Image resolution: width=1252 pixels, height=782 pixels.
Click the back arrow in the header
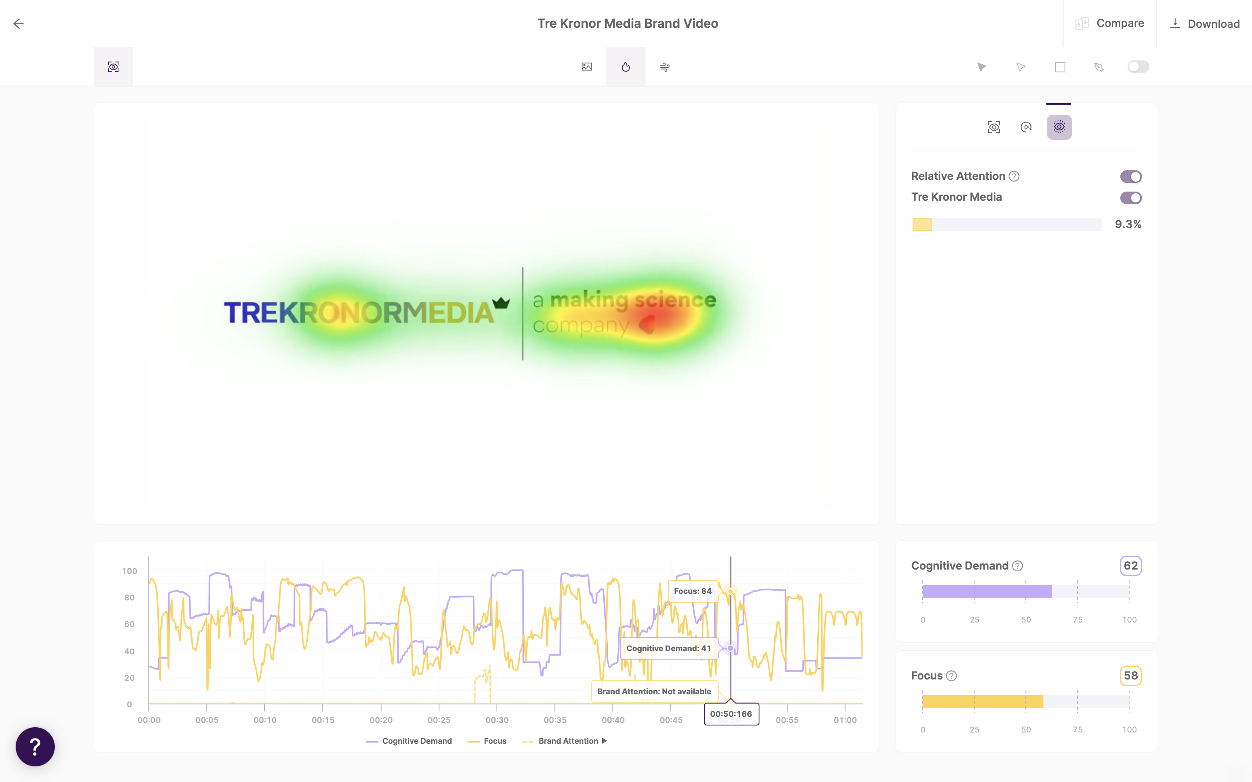point(19,24)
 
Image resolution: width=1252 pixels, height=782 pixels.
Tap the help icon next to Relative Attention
point(1014,176)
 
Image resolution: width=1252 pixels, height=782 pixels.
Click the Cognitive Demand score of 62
point(1130,566)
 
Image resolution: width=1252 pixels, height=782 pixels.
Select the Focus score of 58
point(1130,676)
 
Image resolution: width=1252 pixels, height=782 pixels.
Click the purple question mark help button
point(35,746)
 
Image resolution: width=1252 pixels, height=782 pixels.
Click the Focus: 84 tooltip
point(692,591)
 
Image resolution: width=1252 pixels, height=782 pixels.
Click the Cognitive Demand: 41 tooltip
point(669,649)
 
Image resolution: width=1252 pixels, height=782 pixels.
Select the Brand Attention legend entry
point(568,741)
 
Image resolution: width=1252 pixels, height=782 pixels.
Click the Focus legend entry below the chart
point(495,741)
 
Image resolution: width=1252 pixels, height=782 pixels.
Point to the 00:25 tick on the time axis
point(439,720)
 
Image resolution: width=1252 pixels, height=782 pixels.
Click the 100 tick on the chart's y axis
point(130,571)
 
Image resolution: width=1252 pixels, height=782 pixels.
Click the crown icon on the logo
point(501,302)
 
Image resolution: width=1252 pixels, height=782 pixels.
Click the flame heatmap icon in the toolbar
point(626,67)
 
